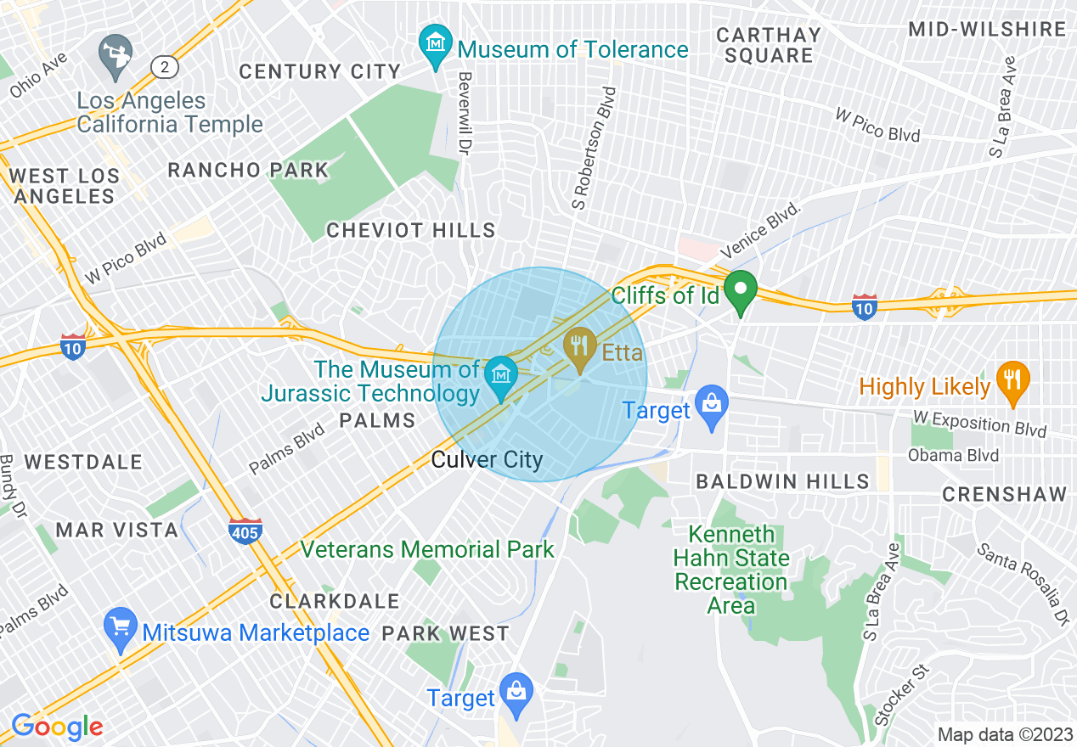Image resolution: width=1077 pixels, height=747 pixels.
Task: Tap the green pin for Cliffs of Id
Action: [741, 291]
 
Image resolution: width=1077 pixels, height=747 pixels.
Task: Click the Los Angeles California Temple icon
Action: [113, 53]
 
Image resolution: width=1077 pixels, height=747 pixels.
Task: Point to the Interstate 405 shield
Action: [245, 531]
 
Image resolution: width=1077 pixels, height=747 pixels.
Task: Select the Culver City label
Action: [487, 460]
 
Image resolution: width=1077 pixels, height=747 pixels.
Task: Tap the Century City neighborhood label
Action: [319, 71]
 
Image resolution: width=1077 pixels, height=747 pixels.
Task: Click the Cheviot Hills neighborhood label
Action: [411, 230]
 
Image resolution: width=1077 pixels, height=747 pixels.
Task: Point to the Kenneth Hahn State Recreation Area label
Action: [731, 570]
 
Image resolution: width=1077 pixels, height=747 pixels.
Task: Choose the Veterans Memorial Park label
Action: [427, 549]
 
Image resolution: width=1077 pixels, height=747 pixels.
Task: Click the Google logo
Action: [57, 727]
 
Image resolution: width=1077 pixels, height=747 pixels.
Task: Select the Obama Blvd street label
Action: [953, 455]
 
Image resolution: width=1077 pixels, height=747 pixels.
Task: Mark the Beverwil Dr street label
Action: [465, 113]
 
